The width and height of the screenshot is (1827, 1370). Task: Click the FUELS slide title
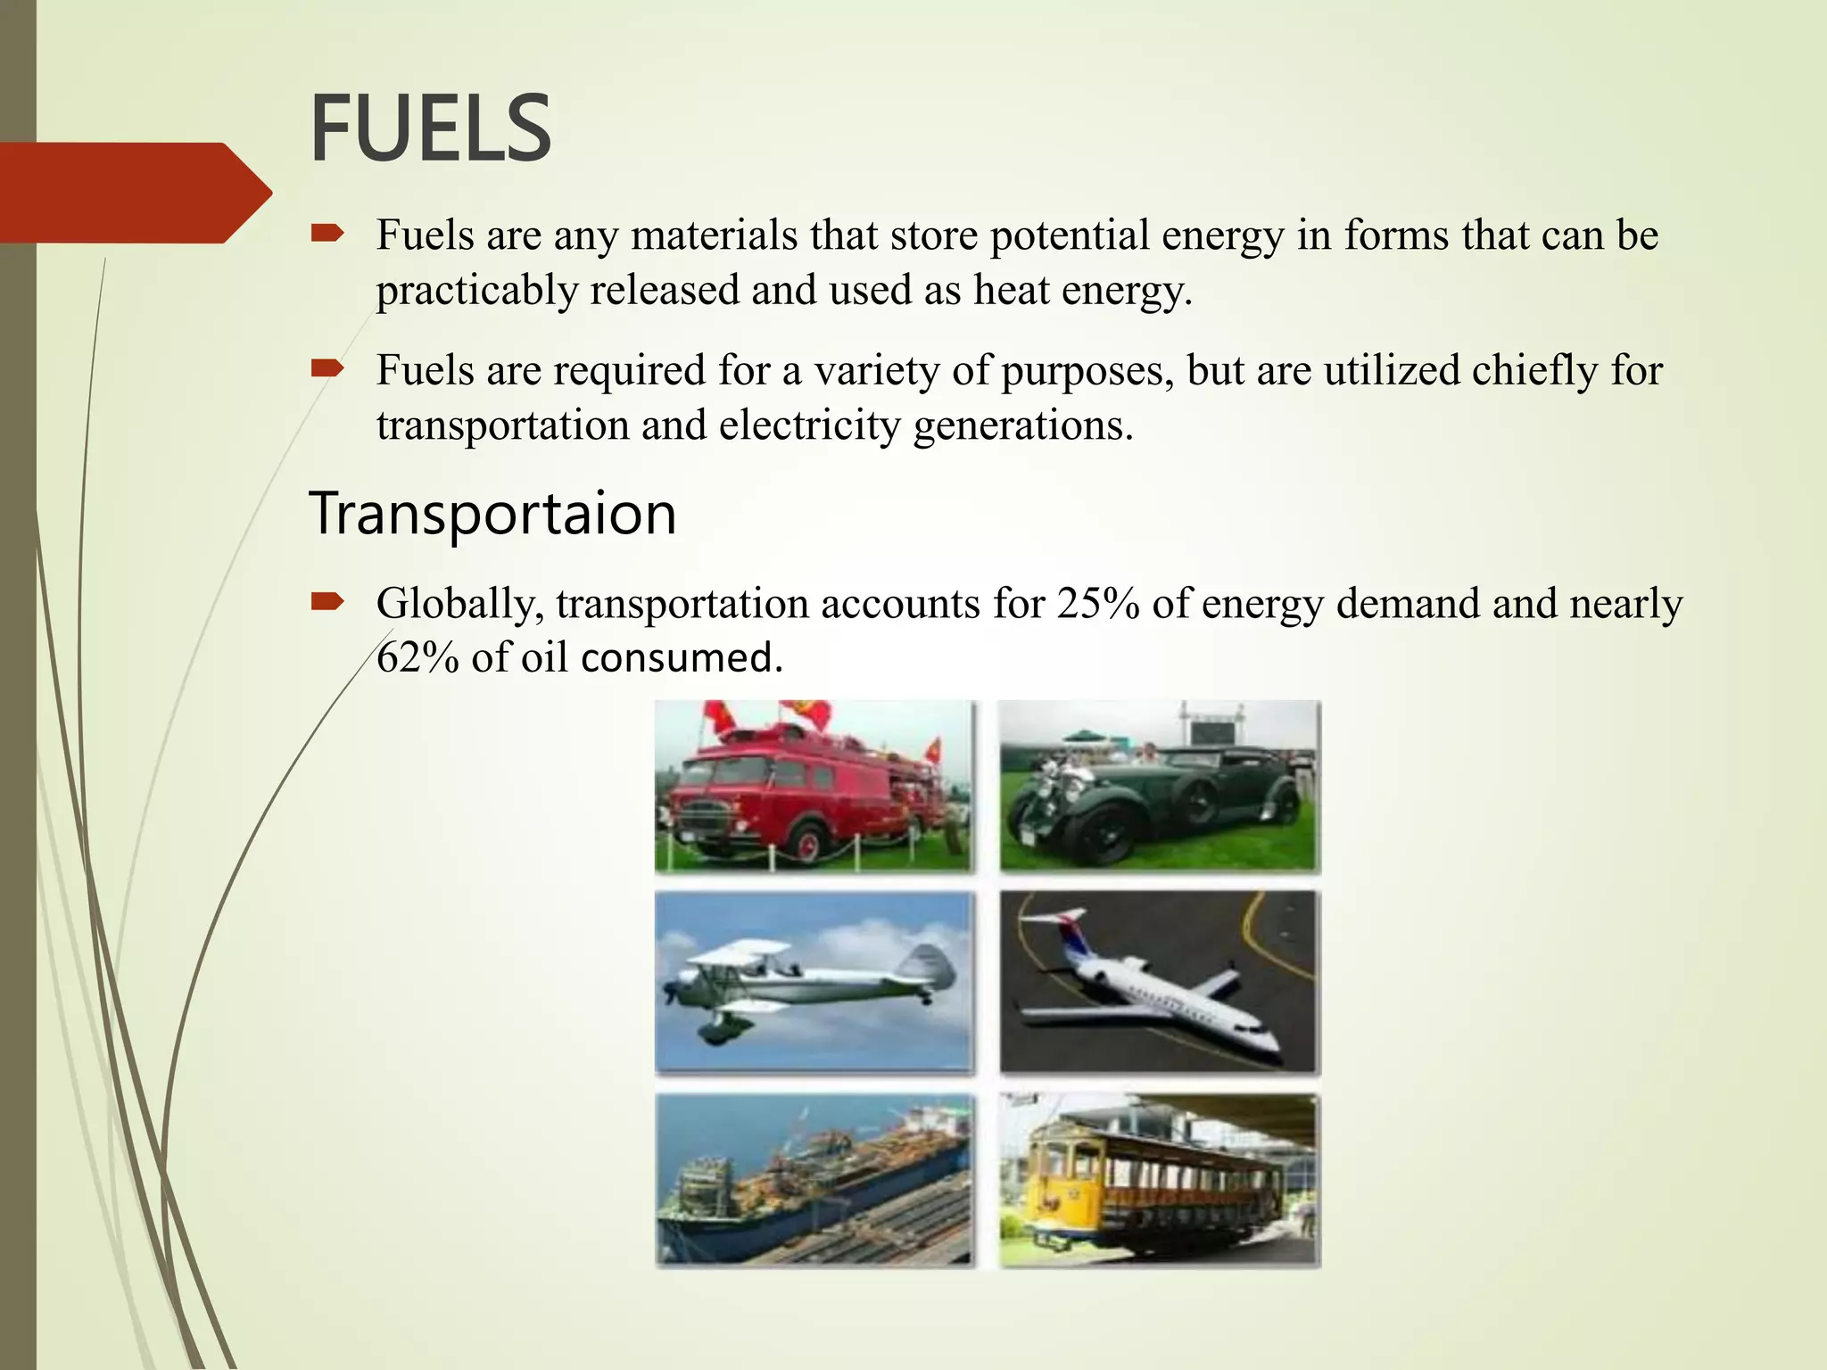pos(430,129)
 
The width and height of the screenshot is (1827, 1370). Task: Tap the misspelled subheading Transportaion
pos(492,515)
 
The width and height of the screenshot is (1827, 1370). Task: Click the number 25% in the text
pos(1098,604)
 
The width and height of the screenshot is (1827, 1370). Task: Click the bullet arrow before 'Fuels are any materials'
pos(327,235)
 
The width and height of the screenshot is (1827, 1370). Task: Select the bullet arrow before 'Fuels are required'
pos(327,368)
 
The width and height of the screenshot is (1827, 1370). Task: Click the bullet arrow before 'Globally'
pos(327,603)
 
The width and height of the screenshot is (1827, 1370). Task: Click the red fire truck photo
pos(814,786)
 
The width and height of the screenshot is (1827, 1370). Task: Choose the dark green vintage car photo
pos(1158,786)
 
